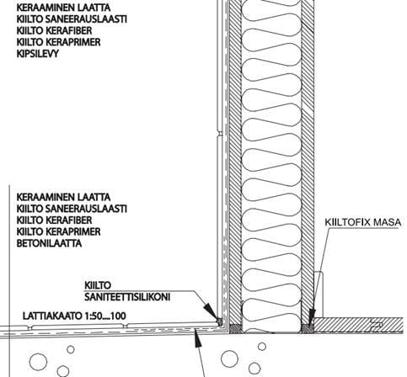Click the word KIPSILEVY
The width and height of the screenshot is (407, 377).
(38, 54)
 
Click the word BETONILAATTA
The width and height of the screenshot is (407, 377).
(49, 243)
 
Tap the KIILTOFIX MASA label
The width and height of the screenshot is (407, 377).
(363, 222)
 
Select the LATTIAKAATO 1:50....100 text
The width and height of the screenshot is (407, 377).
(74, 316)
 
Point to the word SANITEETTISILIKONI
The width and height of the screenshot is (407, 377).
(127, 297)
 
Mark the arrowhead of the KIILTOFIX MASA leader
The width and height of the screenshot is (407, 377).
(311, 318)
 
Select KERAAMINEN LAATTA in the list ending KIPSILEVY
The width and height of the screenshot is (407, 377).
(63, 8)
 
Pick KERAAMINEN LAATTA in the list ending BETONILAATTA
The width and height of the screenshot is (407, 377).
(63, 197)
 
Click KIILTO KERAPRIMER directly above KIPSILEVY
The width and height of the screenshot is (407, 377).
(58, 42)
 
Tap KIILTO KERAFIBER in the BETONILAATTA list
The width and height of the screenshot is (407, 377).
(54, 220)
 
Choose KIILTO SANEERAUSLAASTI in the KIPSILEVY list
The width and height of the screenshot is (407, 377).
(72, 19)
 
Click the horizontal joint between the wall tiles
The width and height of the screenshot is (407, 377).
(220, 134)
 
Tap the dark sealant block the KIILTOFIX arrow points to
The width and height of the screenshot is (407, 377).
(308, 328)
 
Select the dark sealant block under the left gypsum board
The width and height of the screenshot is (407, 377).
(235, 328)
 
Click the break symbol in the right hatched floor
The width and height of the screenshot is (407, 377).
(377, 325)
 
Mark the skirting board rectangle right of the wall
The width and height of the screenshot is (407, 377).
(319, 295)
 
